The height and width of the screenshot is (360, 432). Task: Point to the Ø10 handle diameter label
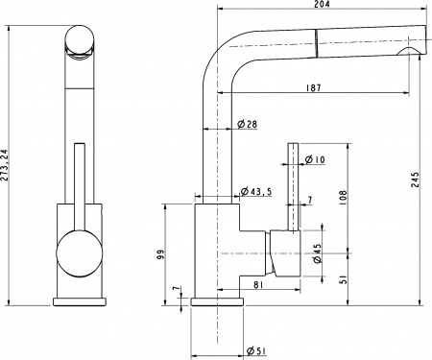pos(316,159)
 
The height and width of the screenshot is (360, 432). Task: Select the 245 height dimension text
pos(414,185)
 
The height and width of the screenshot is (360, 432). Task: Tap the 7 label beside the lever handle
pos(310,200)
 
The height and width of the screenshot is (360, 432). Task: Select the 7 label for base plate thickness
pos(175,289)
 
